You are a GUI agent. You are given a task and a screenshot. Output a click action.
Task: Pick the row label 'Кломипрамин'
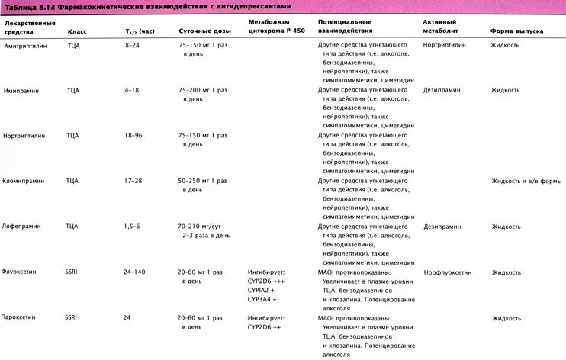click(x=24, y=181)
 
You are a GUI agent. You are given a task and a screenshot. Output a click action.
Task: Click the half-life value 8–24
click(x=133, y=45)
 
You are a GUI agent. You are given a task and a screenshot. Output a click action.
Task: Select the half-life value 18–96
click(x=134, y=135)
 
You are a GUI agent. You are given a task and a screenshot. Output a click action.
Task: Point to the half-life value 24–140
click(x=134, y=272)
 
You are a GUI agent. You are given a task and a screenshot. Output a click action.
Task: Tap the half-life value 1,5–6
click(x=133, y=227)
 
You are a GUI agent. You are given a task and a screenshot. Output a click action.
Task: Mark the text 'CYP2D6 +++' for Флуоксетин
click(x=265, y=281)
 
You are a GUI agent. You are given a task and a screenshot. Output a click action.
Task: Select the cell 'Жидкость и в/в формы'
click(x=526, y=181)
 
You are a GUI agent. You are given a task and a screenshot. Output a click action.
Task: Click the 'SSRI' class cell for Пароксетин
click(x=71, y=317)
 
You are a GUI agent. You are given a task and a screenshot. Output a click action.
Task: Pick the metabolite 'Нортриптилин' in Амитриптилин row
click(x=445, y=45)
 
